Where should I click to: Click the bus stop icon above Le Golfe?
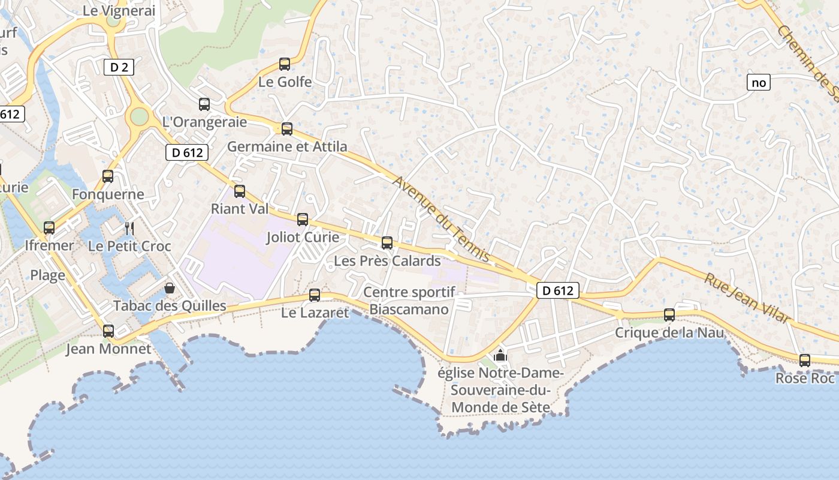point(285,64)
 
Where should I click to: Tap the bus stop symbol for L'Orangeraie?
point(204,104)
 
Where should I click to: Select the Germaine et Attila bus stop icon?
point(287,128)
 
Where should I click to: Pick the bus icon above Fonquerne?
point(108,176)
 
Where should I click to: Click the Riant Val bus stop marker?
point(240,191)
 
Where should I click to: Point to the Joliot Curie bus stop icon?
point(303,220)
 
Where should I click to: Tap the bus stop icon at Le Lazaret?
point(315,295)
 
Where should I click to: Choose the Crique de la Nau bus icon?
point(669,315)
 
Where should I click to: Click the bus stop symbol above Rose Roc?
point(805,361)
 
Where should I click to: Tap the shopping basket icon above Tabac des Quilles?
point(170,289)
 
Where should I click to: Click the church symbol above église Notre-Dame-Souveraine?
point(500,356)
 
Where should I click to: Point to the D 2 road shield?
point(119,67)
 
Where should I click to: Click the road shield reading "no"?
point(759,82)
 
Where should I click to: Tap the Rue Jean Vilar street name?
point(747,298)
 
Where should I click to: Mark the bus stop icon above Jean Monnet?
point(108,331)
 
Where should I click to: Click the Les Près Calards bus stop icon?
point(387,243)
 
